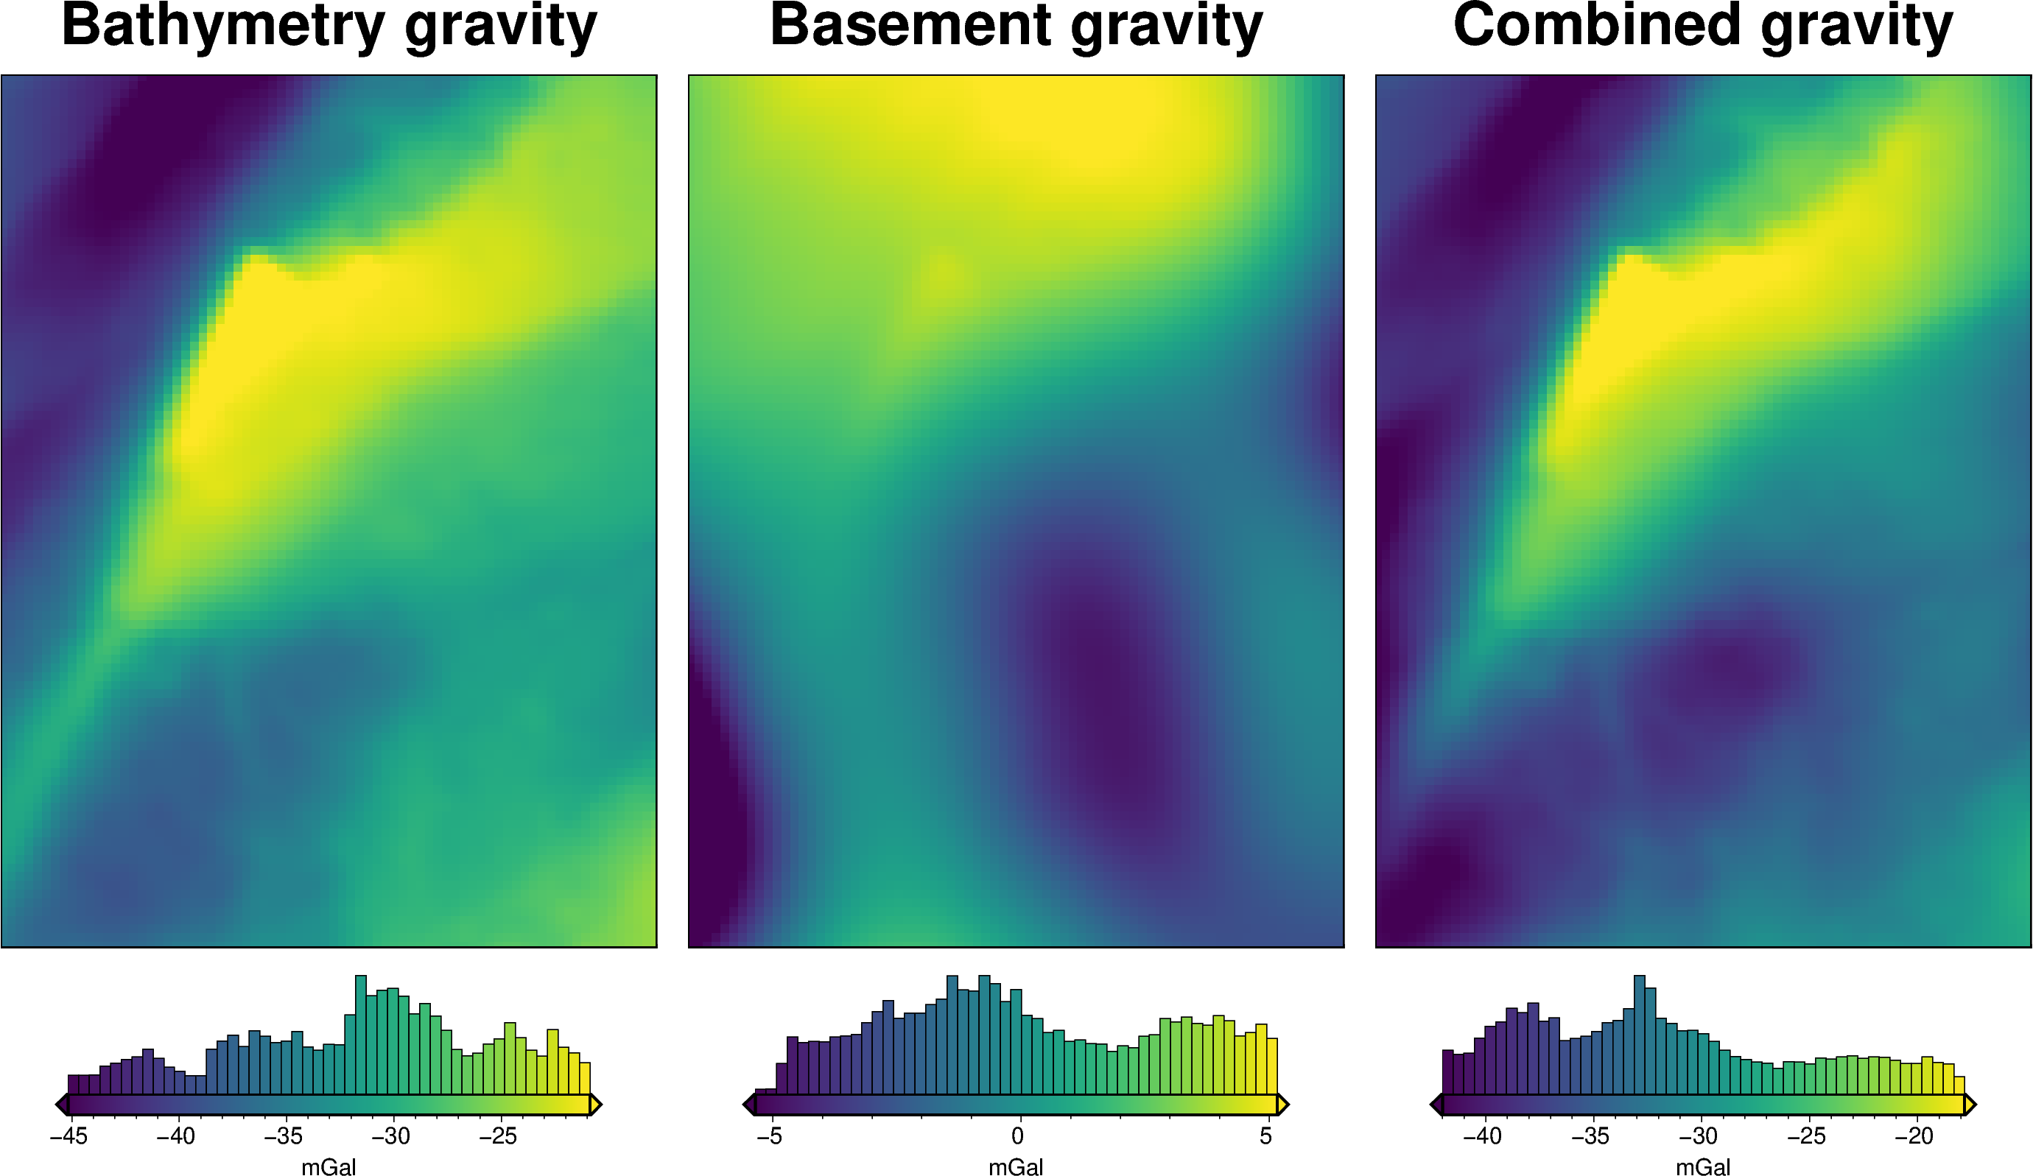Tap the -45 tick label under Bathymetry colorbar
point(69,1136)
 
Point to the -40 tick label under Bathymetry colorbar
point(176,1136)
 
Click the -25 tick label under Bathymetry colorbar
point(498,1136)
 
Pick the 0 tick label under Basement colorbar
point(1017,1136)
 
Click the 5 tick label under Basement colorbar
point(1265,1136)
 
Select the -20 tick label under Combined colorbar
point(1914,1136)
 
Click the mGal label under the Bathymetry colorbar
point(329,1167)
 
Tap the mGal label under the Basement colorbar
point(1016,1167)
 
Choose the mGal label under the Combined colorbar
point(1703,1167)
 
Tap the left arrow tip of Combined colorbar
point(1433,1105)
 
